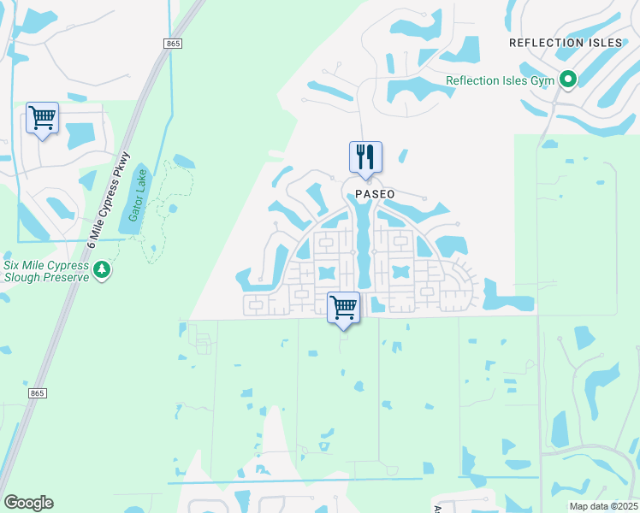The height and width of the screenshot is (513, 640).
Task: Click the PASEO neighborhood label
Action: (375, 194)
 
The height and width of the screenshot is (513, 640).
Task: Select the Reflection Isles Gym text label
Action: (501, 81)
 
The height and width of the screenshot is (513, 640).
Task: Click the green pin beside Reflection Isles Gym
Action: (568, 80)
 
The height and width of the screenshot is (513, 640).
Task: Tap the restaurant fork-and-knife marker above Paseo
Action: (365, 157)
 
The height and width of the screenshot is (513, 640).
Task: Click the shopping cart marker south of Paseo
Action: (344, 307)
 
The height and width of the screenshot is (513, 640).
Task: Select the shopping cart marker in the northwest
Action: (42, 118)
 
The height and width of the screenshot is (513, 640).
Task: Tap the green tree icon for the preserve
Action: (103, 270)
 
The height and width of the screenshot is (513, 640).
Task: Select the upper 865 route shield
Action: (174, 43)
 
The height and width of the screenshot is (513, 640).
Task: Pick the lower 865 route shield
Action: (36, 392)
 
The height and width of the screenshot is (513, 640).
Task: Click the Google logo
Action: (28, 503)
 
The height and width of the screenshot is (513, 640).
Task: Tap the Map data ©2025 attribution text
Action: (603, 506)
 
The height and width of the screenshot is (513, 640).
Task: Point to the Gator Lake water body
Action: (143, 192)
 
